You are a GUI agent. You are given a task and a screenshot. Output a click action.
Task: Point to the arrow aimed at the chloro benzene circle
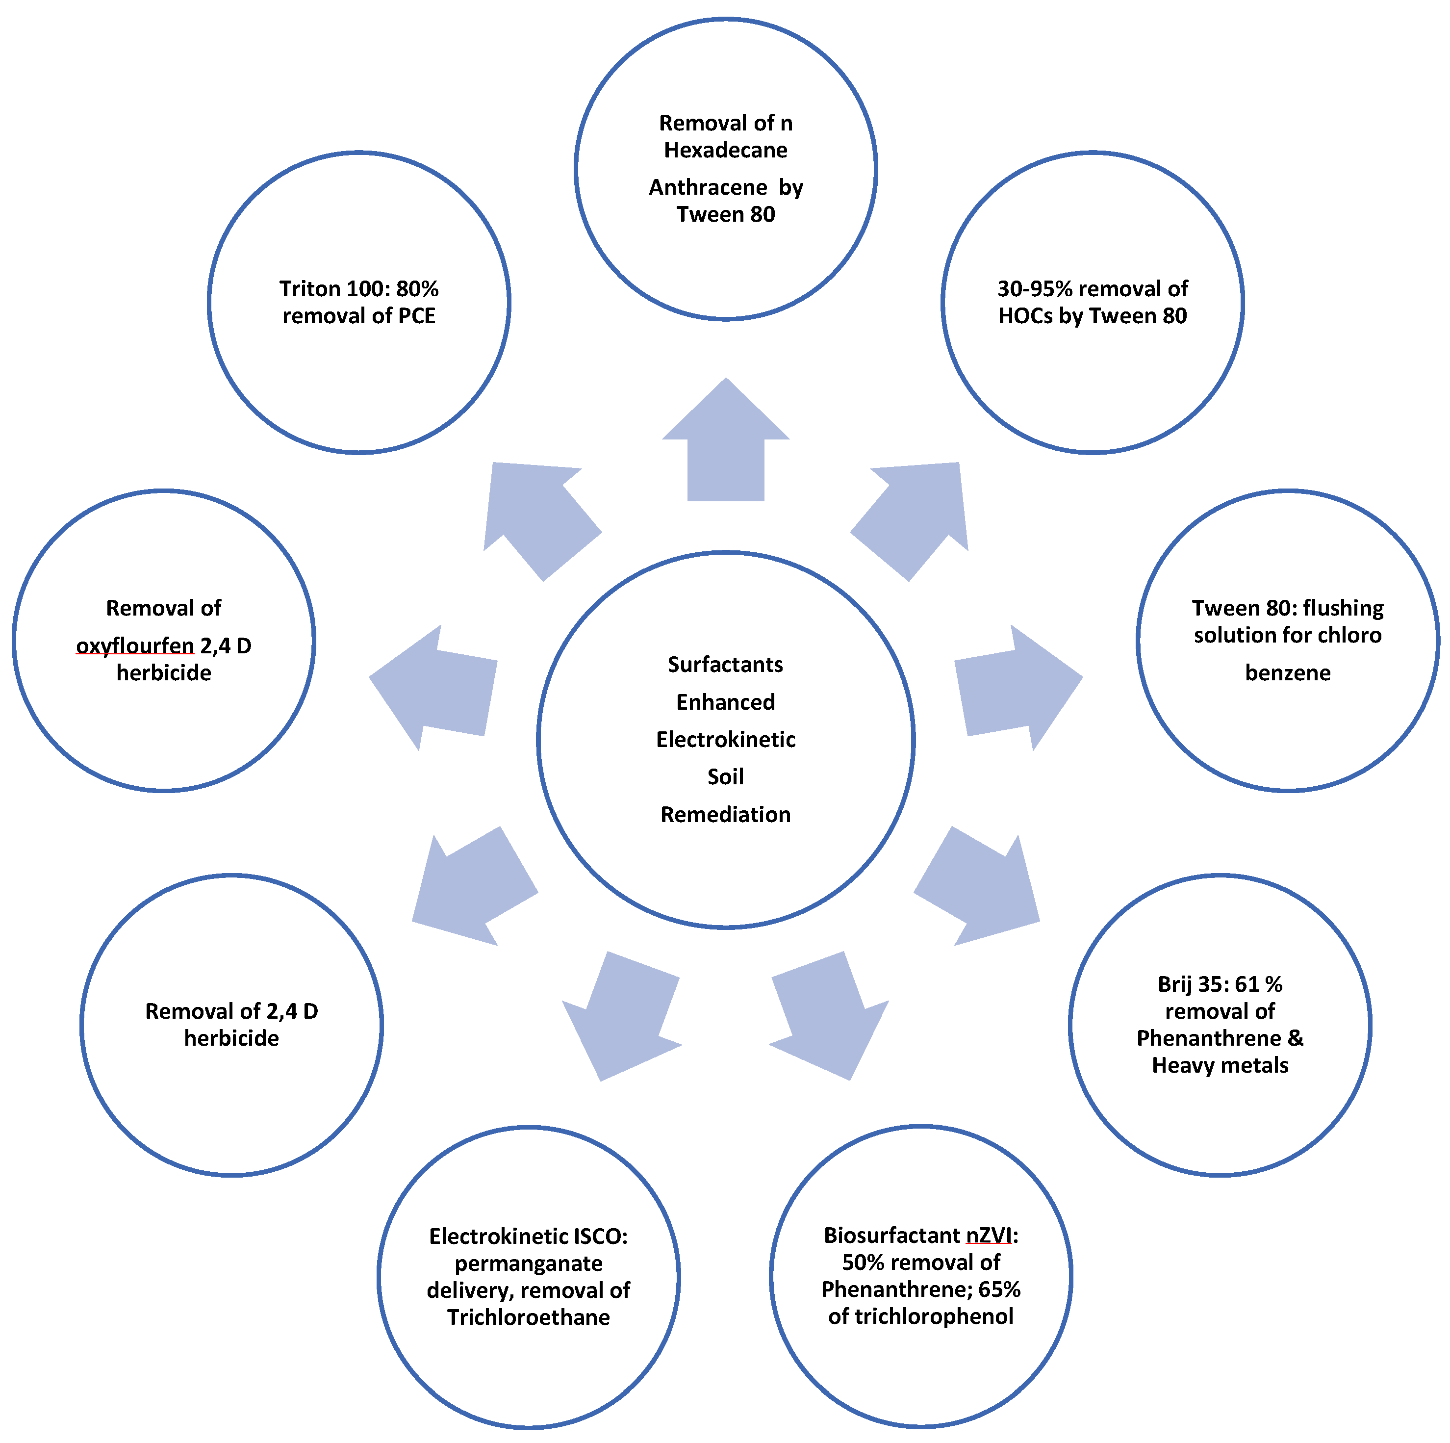tap(1018, 687)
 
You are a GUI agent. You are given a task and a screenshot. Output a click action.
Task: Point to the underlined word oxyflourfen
tap(135, 645)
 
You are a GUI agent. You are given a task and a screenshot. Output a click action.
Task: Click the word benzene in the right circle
tap(1287, 673)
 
